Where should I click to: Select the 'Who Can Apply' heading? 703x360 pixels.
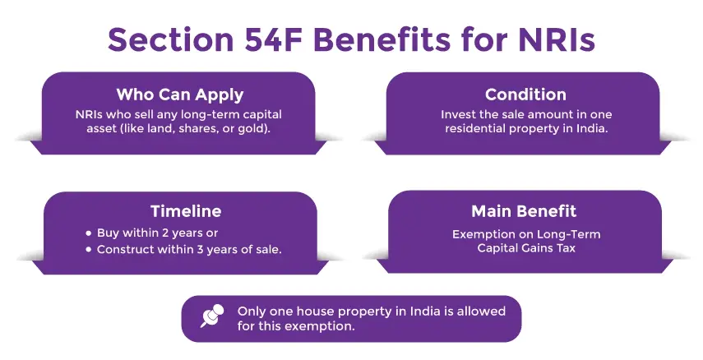(180, 94)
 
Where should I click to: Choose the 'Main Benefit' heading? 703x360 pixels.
(525, 211)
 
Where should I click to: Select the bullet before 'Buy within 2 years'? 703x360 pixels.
(88, 233)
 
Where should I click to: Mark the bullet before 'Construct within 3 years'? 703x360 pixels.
(88, 249)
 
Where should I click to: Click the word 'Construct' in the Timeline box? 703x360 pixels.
(127, 249)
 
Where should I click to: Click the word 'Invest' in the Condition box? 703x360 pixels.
(458, 114)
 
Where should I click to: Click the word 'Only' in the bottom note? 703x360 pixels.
(252, 312)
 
